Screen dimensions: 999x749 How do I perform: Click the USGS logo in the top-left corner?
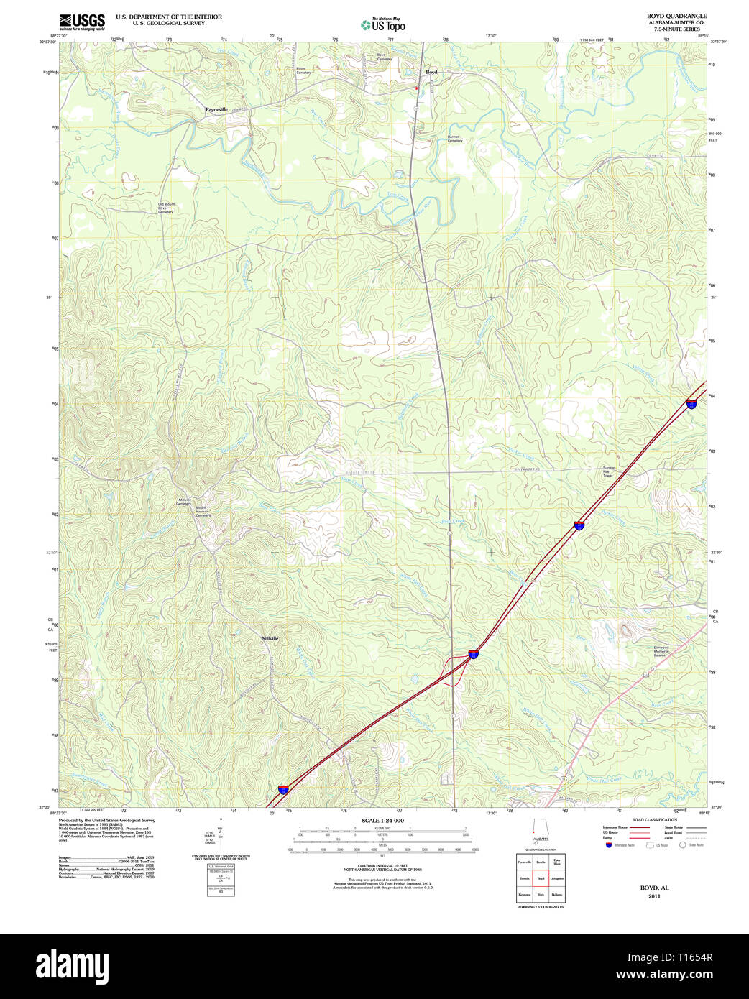tap(82, 22)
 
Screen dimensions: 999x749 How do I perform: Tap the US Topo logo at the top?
tap(383, 25)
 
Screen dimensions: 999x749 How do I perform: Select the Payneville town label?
tap(216, 109)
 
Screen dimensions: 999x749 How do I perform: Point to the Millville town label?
tap(270, 638)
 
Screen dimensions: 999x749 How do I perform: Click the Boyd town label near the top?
tap(431, 72)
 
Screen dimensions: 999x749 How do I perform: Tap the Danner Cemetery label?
tap(454, 139)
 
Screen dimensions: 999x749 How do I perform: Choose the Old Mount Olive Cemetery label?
tap(166, 208)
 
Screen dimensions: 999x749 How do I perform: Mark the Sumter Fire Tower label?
tap(608, 471)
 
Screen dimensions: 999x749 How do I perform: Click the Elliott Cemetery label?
tap(304, 70)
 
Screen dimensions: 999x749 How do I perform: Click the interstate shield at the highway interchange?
tap(473, 654)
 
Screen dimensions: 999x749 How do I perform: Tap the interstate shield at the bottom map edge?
tap(284, 789)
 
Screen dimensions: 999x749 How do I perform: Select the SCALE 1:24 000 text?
tap(382, 821)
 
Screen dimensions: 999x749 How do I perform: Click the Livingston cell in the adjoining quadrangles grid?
tap(557, 878)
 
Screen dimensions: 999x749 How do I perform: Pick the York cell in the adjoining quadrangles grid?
tap(541, 895)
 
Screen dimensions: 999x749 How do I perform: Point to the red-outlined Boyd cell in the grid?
tap(541, 878)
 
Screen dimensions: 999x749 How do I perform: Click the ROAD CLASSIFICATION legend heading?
tap(654, 820)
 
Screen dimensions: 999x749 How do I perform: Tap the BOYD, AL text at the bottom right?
tap(654, 888)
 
